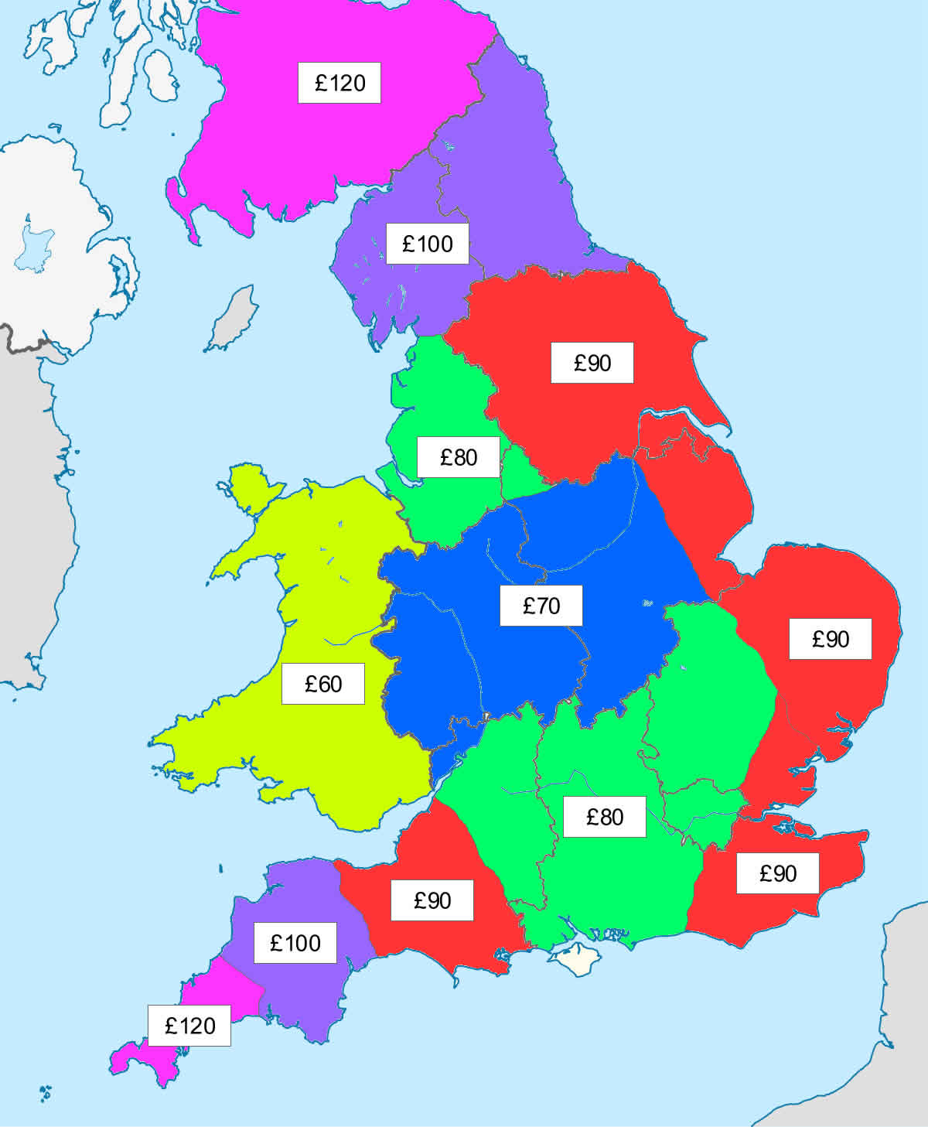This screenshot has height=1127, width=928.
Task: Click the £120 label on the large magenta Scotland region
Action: (x=339, y=83)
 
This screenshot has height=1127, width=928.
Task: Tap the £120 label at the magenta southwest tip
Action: (x=189, y=1026)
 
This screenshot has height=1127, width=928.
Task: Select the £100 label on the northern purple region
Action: (x=427, y=244)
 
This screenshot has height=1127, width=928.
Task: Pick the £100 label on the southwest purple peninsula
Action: (x=295, y=943)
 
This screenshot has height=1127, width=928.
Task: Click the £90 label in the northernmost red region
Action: (x=592, y=363)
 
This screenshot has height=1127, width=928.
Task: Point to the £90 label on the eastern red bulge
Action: (x=830, y=639)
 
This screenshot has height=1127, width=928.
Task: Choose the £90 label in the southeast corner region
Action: (x=777, y=873)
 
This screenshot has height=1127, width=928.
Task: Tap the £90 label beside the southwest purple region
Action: (x=432, y=900)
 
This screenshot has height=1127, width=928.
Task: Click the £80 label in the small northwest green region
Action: (x=458, y=457)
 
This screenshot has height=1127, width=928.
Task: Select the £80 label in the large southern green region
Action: (x=604, y=817)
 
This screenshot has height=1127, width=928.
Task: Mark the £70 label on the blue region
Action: (x=541, y=605)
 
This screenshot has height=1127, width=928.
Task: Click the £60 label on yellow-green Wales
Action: (x=322, y=684)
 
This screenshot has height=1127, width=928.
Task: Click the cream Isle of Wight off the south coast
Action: (x=575, y=958)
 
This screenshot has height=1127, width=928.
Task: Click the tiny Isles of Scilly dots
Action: (x=45, y=1092)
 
